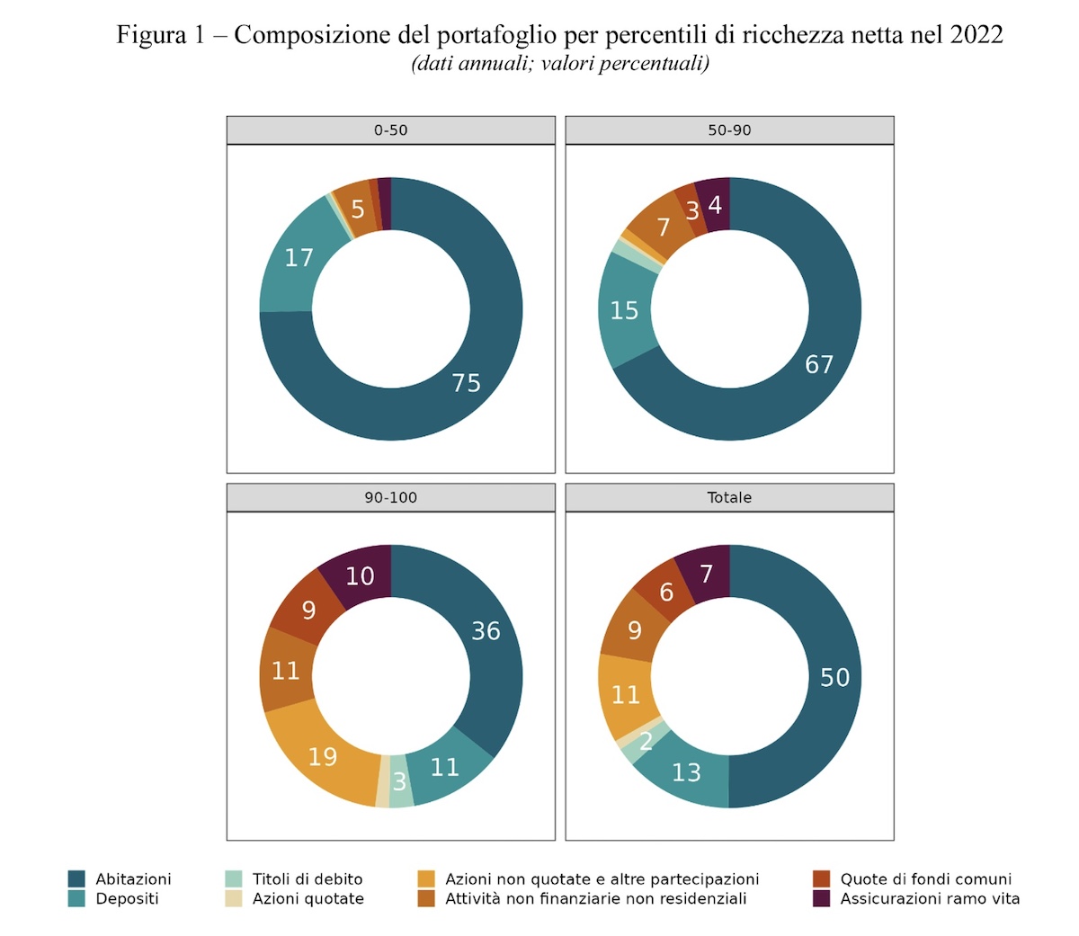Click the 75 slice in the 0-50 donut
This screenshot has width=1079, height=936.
point(466,384)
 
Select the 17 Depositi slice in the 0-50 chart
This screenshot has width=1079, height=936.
point(299,258)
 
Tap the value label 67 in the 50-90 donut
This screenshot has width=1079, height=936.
point(819,364)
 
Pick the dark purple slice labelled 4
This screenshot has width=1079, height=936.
point(715,205)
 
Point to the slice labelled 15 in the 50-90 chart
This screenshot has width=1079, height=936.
point(624,311)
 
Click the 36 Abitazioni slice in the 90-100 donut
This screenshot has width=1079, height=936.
point(486,631)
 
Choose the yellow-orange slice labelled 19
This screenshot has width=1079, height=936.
point(322,757)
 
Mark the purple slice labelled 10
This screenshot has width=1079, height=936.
point(360,576)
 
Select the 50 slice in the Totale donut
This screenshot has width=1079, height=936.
point(834,677)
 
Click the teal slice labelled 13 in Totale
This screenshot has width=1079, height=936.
point(686,772)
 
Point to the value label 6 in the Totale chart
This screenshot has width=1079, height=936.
point(666,593)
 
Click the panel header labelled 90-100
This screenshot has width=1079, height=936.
point(390,497)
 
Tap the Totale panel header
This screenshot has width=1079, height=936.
point(729,497)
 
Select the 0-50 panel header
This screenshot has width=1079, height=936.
point(390,130)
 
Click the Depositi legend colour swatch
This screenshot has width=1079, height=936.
point(77,898)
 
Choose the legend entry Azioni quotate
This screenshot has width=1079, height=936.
point(308,898)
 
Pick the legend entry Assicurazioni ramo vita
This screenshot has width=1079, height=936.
point(930,898)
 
